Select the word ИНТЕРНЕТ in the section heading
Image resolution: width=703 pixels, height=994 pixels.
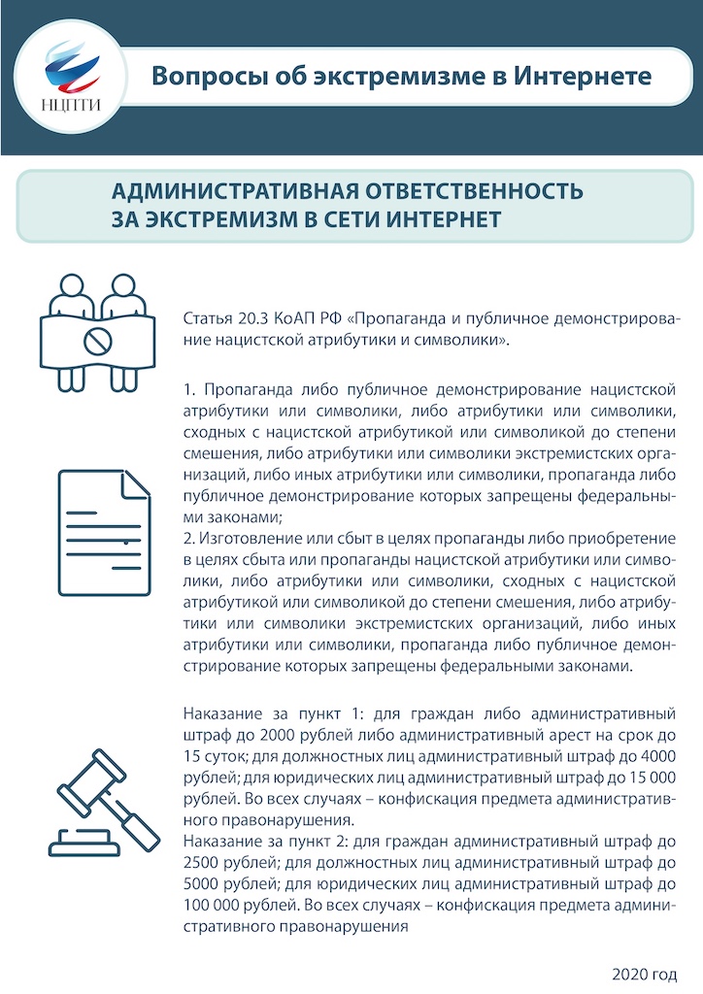[x=445, y=218]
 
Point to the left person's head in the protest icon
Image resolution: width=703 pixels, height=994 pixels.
[x=70, y=287]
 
